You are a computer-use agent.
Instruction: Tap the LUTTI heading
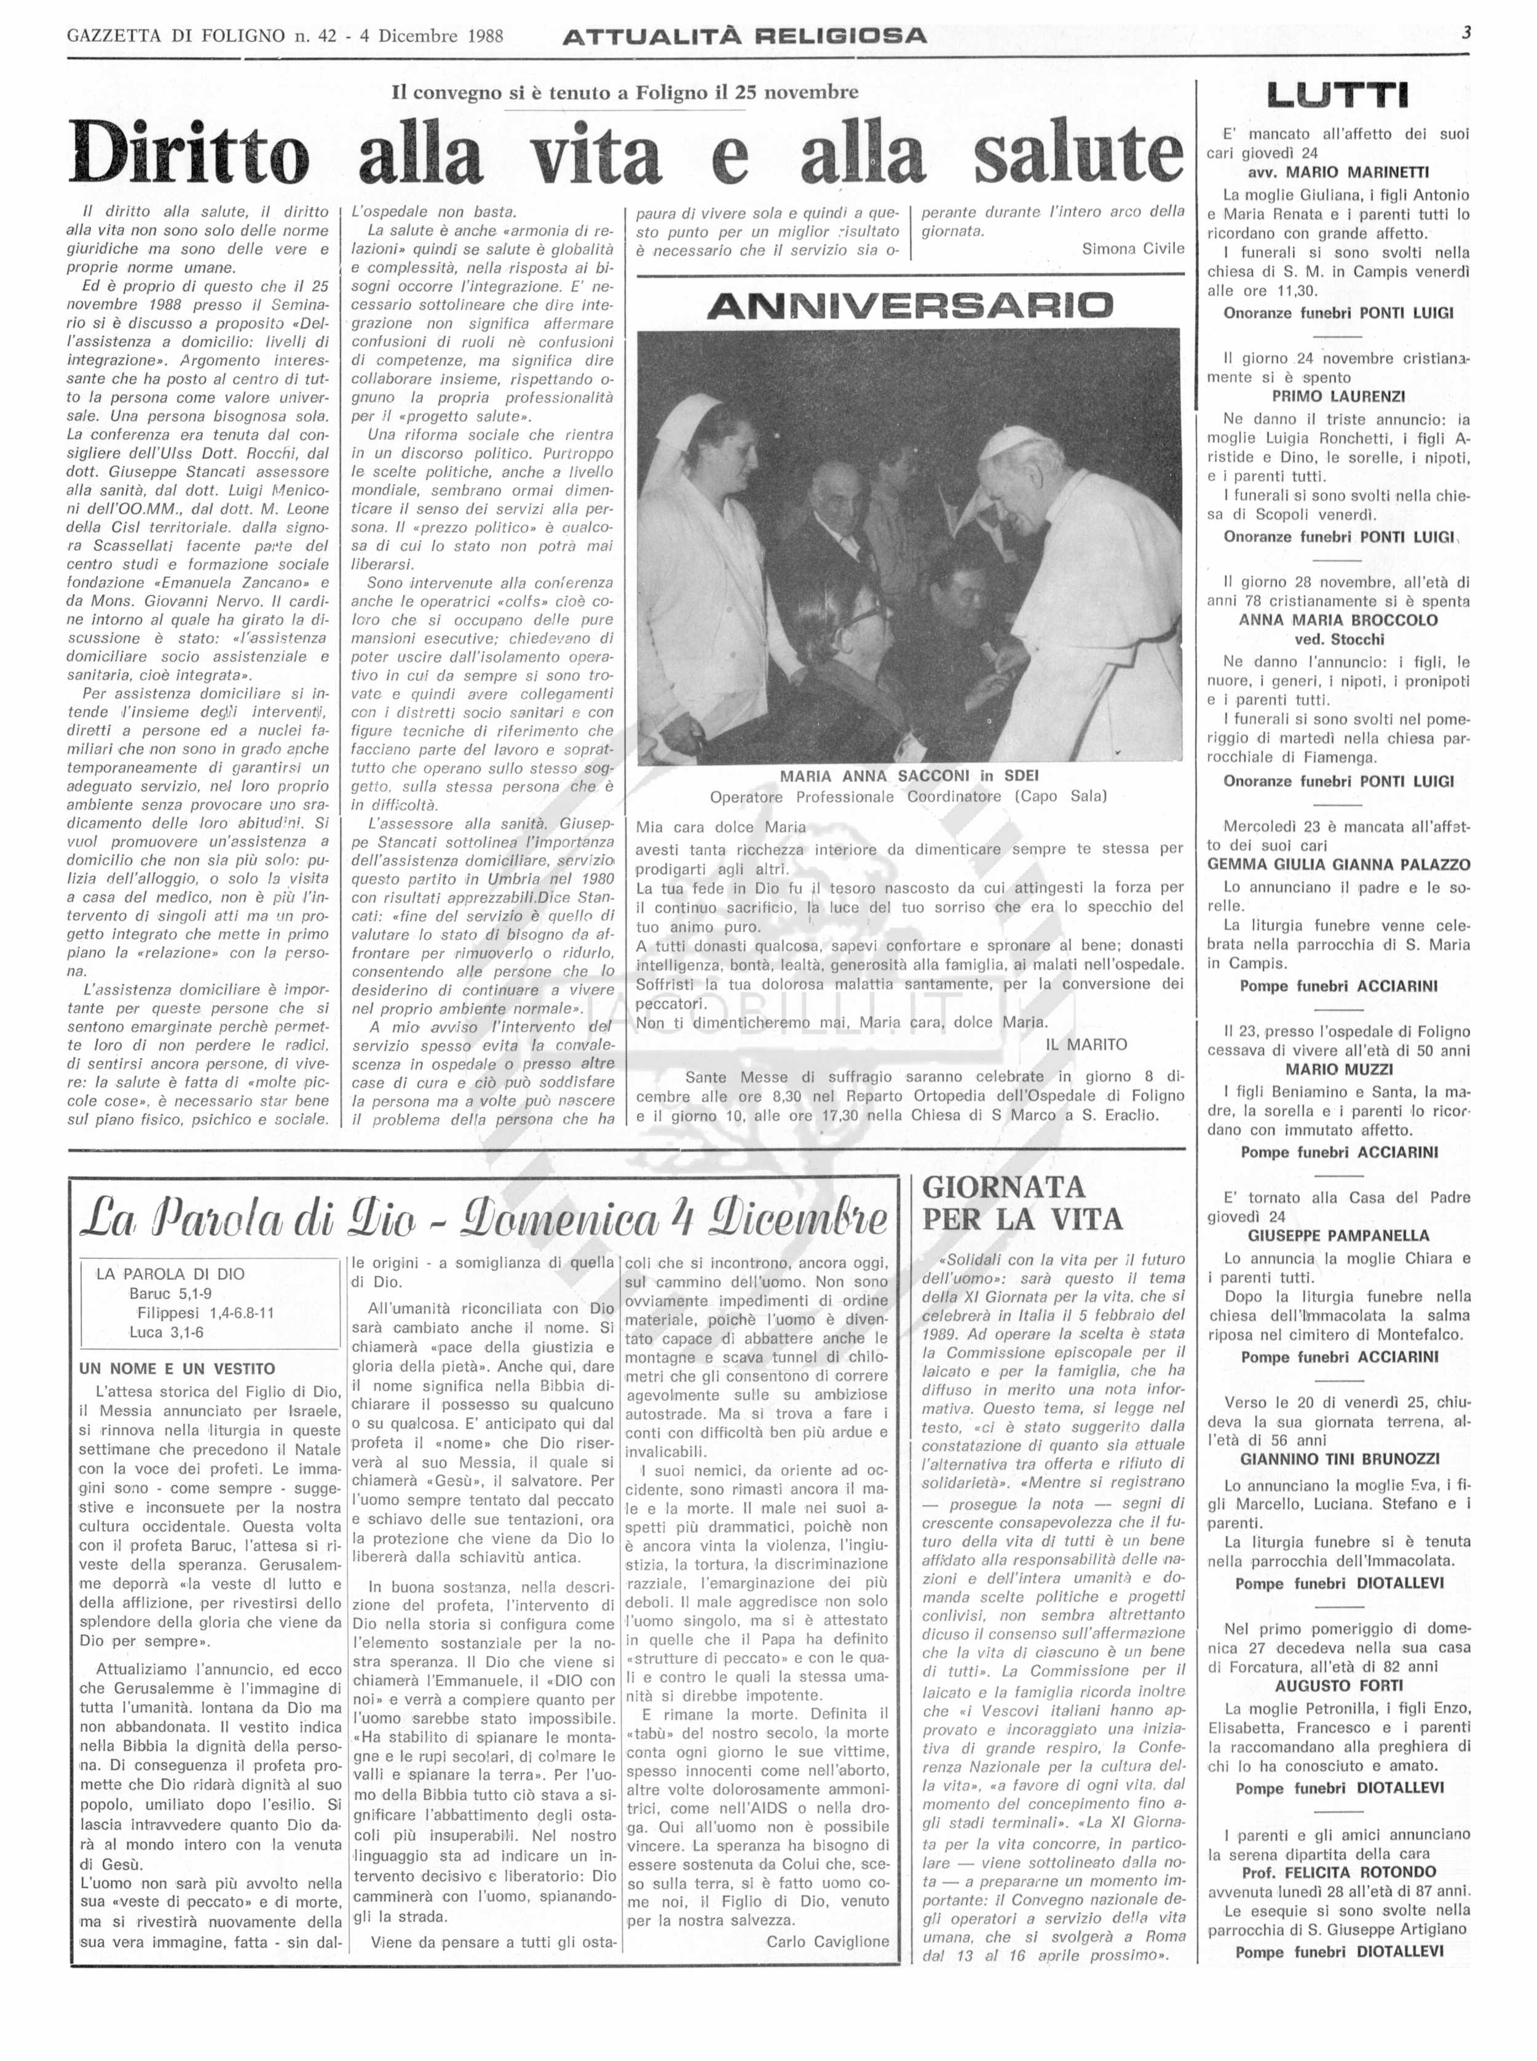tap(1338, 95)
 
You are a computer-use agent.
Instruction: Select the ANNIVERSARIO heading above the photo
tap(909, 305)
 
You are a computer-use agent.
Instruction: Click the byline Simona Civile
tap(1132, 248)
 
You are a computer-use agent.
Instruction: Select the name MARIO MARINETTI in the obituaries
tap(1338, 172)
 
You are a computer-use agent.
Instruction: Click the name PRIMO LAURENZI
tap(1338, 396)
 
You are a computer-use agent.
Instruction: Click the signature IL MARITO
tap(1086, 1044)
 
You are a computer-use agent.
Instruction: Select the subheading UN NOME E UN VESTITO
tap(177, 1368)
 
